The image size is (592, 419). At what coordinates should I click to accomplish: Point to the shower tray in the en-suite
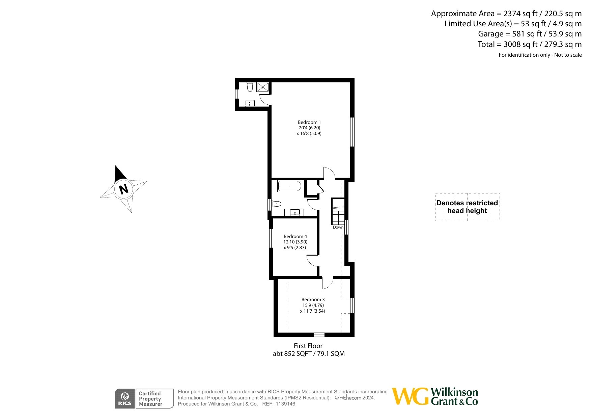pos(263,87)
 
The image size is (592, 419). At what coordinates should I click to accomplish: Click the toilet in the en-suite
pos(250,88)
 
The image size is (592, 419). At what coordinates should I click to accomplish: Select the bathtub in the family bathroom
pos(289,186)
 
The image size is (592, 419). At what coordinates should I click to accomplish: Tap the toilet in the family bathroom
pos(276,204)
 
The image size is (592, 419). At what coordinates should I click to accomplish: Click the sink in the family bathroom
pos(295,212)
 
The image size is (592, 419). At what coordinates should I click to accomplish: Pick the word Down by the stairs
pos(338,227)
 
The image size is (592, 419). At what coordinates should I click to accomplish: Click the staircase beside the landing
pos(338,212)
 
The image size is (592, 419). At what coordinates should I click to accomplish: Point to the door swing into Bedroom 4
pos(312,261)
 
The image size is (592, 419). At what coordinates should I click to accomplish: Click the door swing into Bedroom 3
pos(327,283)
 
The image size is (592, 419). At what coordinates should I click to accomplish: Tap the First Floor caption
pos(308,346)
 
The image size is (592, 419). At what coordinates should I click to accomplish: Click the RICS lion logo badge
pos(125,398)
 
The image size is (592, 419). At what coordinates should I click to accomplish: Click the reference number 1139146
pos(285,404)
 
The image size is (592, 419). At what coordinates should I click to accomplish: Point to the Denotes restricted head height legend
pos(467,207)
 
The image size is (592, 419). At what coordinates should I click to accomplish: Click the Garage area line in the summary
pos(529,34)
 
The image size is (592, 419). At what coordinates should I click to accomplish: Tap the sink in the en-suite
pos(250,103)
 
